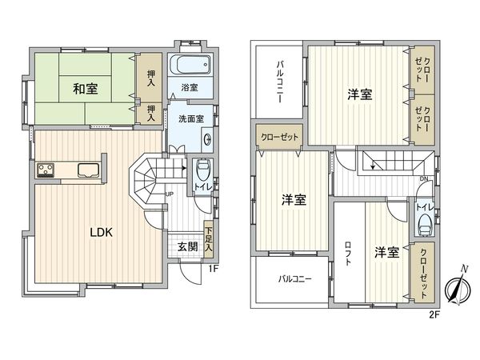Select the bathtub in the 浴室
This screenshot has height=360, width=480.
tap(189, 66)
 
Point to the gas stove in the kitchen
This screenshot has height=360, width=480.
tap(46, 169)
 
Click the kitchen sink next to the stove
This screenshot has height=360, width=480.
tap(86, 169)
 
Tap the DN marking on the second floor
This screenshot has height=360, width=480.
tap(423, 178)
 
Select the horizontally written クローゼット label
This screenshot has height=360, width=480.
tap(279, 137)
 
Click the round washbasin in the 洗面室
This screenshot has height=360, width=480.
tap(208, 138)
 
